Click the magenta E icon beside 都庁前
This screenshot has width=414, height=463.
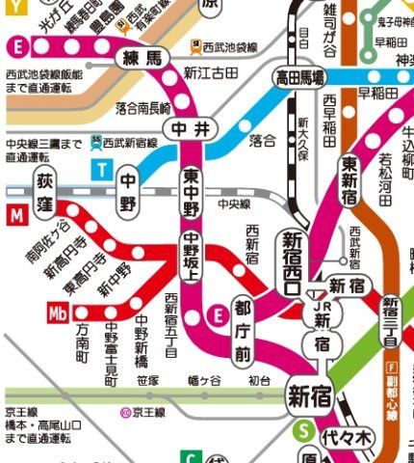click(219, 313)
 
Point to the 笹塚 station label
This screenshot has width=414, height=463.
click(147, 382)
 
